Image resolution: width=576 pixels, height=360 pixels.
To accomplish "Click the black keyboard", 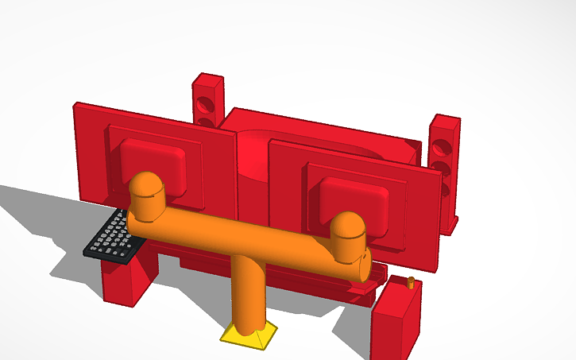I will (x=111, y=237).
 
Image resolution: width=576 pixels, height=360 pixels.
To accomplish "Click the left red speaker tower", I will (x=208, y=102).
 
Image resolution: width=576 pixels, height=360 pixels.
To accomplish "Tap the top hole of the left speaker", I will (x=206, y=103).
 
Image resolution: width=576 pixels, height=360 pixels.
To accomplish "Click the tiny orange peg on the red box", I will (x=410, y=282).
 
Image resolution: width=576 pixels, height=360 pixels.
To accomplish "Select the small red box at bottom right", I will (x=395, y=322).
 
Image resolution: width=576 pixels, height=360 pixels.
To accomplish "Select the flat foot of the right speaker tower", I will (x=451, y=226).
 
